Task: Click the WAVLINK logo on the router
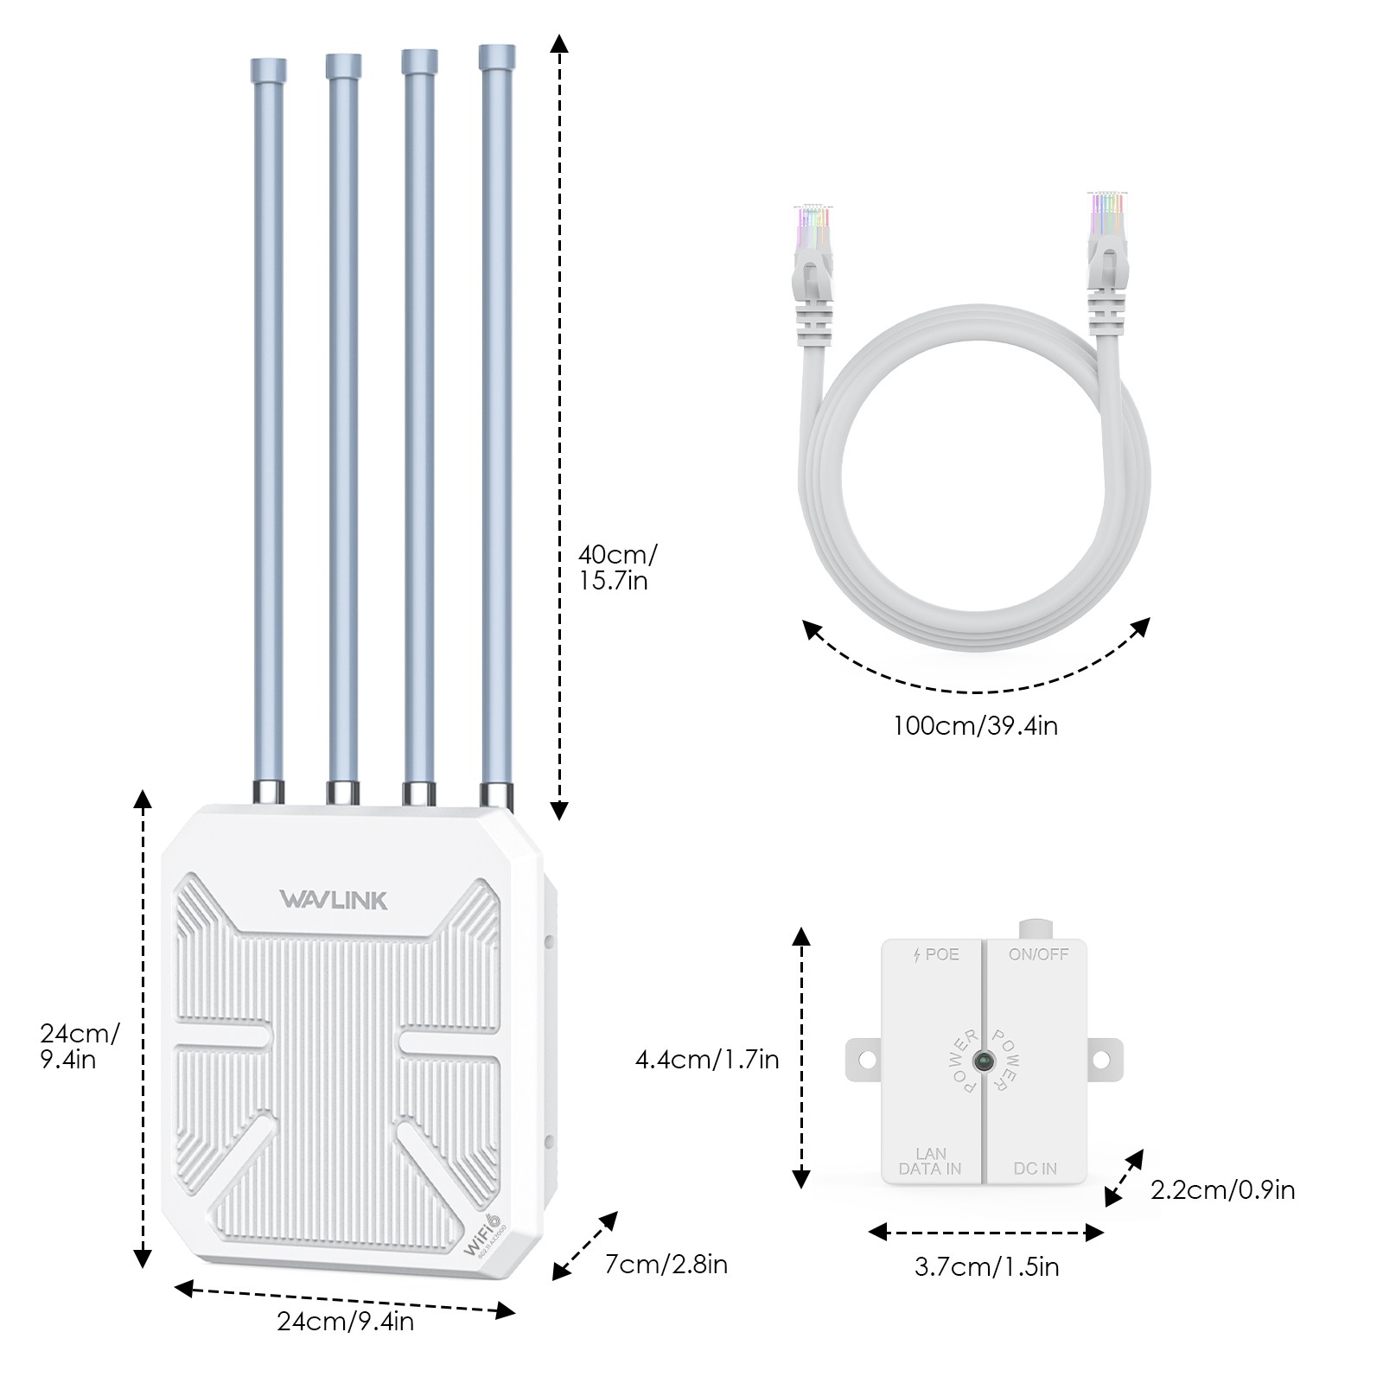(334, 901)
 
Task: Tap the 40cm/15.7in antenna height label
(616, 567)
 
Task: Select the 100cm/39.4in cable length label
(975, 725)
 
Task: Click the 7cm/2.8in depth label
(666, 1265)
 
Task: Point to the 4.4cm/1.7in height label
(707, 1059)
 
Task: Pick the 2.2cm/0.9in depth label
(1222, 1190)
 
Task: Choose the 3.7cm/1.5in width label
(986, 1267)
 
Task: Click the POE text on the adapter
(936, 954)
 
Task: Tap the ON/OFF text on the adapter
(1038, 954)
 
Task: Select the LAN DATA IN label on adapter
(930, 1161)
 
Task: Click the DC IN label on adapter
(1035, 1169)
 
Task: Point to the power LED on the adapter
(984, 1061)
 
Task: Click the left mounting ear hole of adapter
(867, 1059)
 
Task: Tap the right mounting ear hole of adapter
(1101, 1059)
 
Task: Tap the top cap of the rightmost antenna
(497, 58)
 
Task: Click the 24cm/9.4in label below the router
(345, 1322)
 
